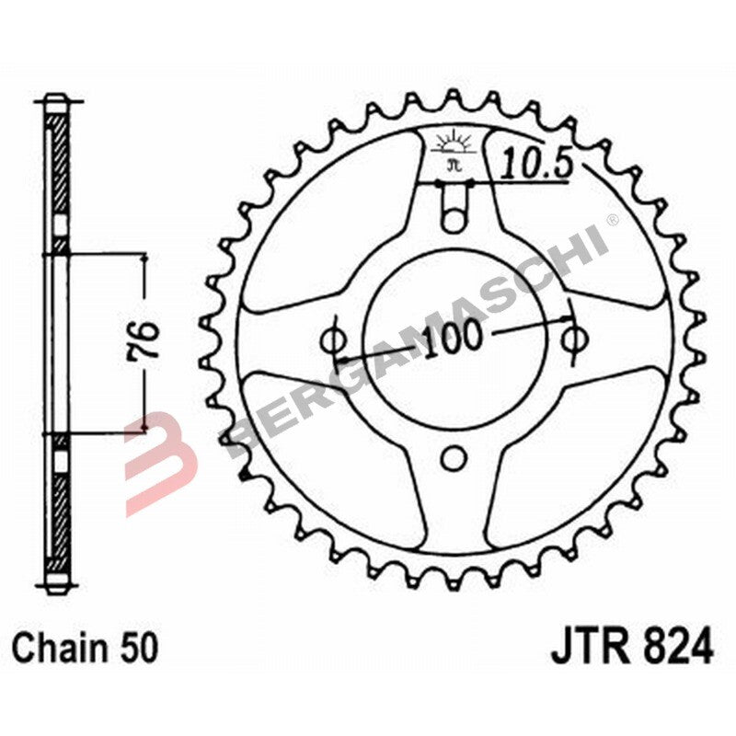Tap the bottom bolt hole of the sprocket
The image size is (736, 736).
click(x=453, y=457)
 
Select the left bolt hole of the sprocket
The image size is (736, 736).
click(x=334, y=339)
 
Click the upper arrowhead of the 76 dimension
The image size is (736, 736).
click(x=144, y=263)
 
